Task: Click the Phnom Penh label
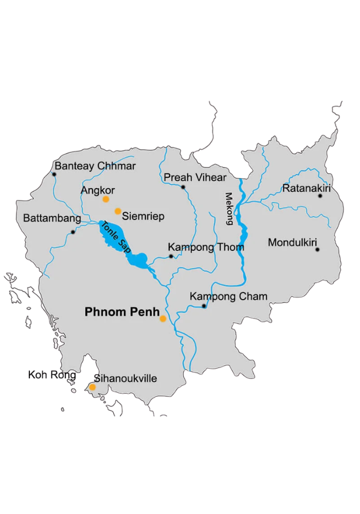click(122, 311)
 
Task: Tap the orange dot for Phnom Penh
click(163, 319)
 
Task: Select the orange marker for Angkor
click(106, 199)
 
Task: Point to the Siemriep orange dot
click(118, 211)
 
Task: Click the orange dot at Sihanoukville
click(93, 387)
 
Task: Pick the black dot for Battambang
click(73, 232)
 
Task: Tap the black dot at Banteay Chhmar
click(55, 174)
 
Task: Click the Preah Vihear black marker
click(183, 187)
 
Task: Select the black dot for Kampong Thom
click(171, 256)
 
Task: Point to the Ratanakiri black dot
click(320, 196)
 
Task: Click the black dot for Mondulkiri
click(317, 250)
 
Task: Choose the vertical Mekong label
click(229, 208)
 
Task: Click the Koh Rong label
click(52, 375)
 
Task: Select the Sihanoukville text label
click(125, 379)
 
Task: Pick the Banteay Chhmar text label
click(95, 166)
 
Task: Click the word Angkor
click(98, 190)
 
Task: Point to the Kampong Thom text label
click(206, 248)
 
